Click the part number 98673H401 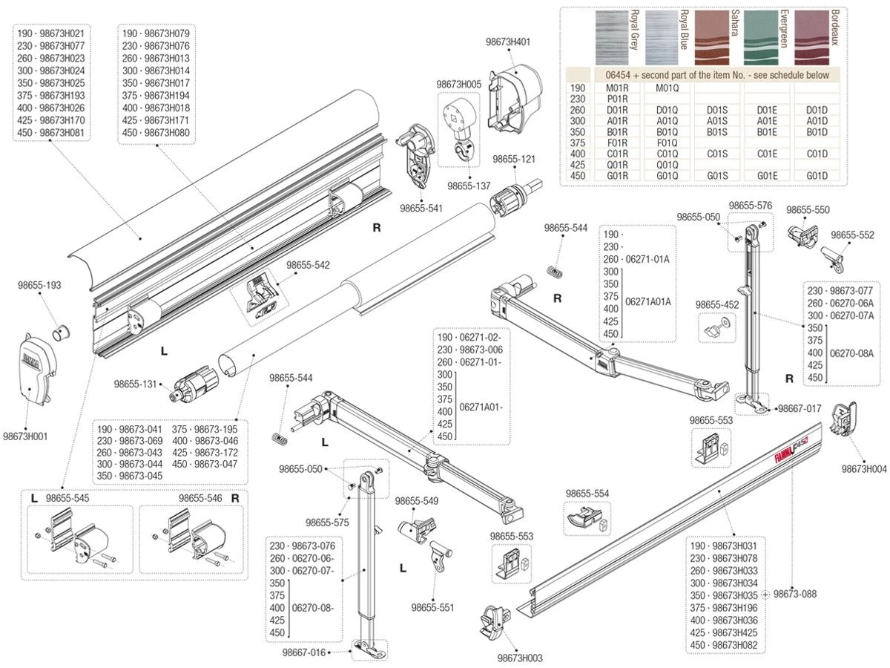(x=509, y=42)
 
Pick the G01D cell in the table (x=815, y=175)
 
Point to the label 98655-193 (x=41, y=285)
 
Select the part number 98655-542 (x=308, y=265)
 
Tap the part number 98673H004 (x=864, y=469)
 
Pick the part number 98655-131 (x=136, y=384)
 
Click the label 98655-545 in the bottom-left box (x=67, y=498)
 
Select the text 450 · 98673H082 (x=723, y=645)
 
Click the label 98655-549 (x=417, y=501)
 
